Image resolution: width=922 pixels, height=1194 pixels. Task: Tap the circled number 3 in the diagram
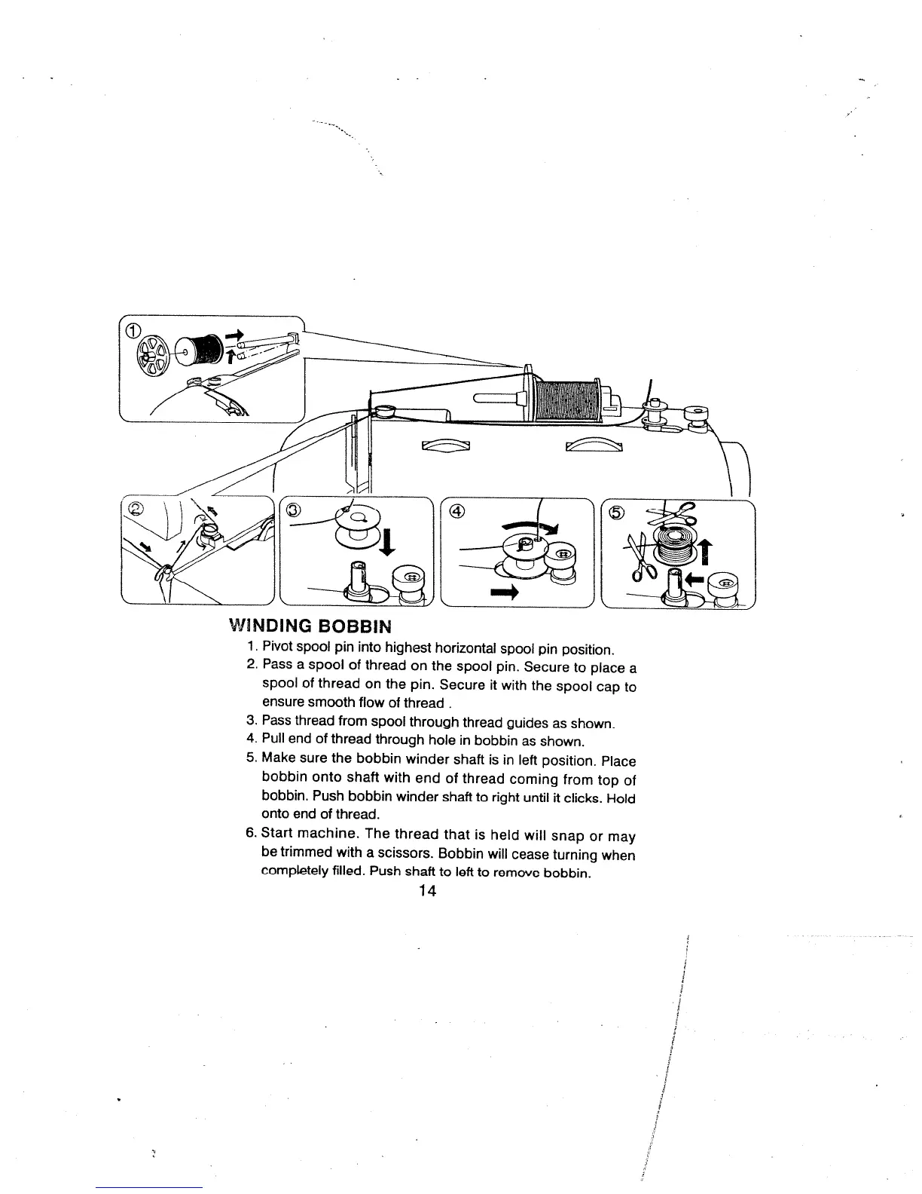295,510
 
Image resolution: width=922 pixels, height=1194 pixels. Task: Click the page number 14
428,892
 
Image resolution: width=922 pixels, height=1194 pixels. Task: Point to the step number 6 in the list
251,837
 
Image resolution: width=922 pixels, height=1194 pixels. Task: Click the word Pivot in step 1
276,648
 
